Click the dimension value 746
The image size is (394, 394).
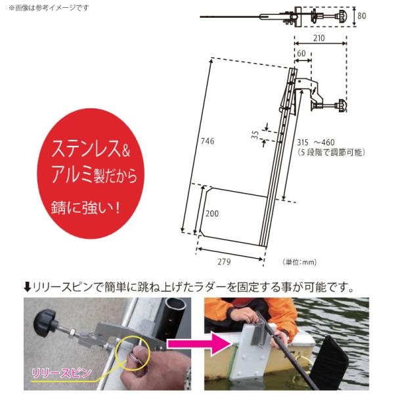point(208,141)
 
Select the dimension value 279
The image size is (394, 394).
point(224,262)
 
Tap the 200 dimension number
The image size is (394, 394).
point(212,213)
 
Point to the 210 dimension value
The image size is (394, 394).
point(319,38)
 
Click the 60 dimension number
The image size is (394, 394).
point(301,53)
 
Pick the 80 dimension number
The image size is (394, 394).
point(362,16)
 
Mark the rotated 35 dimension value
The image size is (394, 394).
point(255,135)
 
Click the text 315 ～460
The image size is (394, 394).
point(316,142)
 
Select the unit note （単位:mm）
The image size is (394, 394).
point(299,262)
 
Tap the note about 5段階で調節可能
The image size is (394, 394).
point(331,152)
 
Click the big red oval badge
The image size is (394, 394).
point(91,173)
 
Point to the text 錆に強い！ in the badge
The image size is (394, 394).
point(85,208)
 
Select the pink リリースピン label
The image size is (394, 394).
point(62,373)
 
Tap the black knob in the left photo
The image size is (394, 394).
point(45,323)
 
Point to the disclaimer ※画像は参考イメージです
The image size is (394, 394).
point(49,8)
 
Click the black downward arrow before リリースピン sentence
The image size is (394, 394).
point(27,287)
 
